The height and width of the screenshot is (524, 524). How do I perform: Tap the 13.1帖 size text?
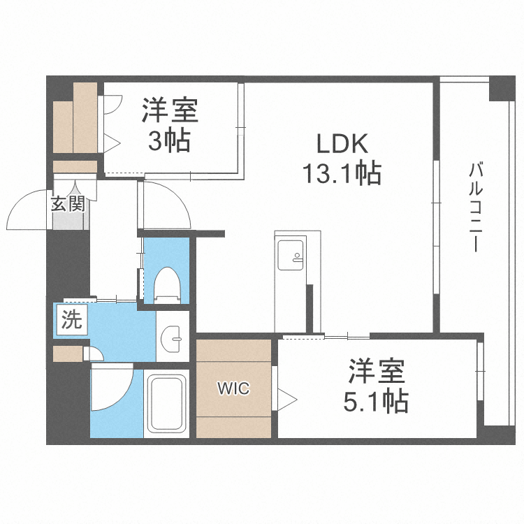342,172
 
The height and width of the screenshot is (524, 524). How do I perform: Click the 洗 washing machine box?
71,321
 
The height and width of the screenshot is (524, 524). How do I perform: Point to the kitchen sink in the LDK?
290,253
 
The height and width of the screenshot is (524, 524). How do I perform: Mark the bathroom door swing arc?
112,388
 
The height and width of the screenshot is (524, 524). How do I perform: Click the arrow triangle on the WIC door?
288,400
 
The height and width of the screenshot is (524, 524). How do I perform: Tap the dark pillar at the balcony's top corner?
502,89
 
